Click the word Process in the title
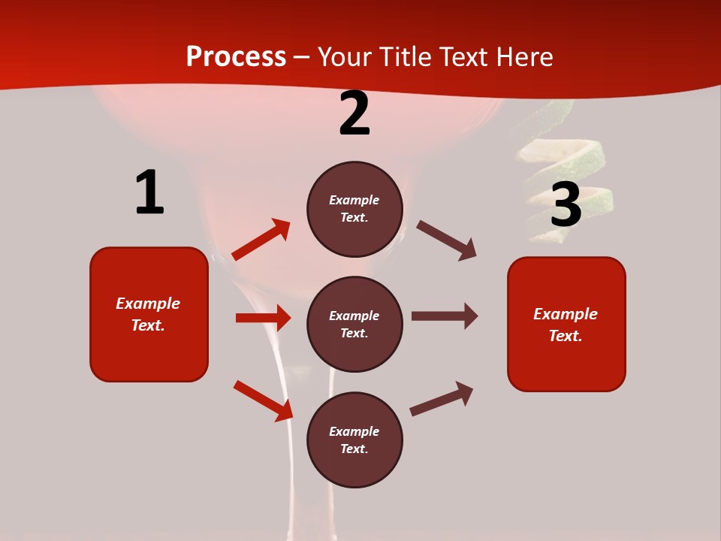pos(236,57)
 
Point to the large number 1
pos(149,193)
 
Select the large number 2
pos(354,114)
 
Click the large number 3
pos(566,204)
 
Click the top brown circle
pos(354,209)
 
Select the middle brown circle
pos(354,325)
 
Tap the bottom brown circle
pos(354,440)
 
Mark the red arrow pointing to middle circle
pos(263,318)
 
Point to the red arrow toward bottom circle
pos(263,400)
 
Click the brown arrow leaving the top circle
pos(447,240)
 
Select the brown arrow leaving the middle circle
pos(445,316)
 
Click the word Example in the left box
pos(148,304)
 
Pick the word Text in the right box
pos(565,336)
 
